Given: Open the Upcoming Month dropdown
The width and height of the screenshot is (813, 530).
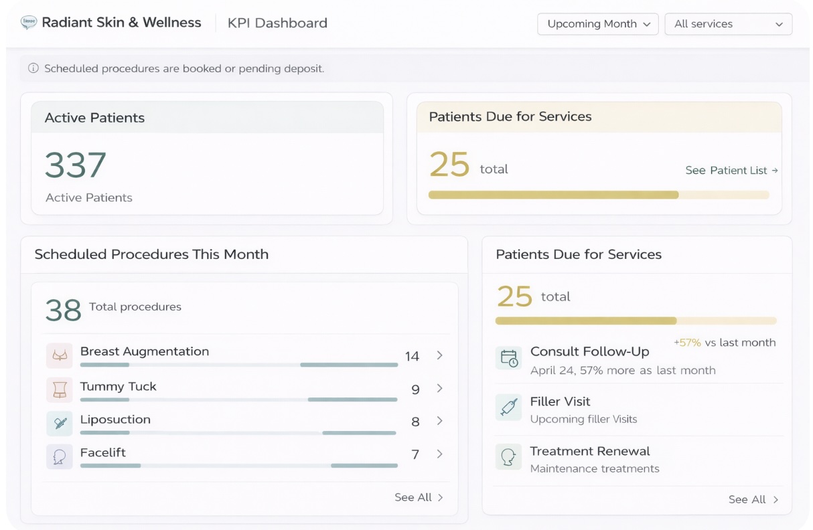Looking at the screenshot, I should [x=597, y=24].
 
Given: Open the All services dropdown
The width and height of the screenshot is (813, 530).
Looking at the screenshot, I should [x=728, y=24].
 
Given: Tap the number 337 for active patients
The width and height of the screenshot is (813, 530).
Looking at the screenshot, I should [x=76, y=165].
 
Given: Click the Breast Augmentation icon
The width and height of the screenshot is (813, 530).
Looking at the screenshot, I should [x=59, y=356].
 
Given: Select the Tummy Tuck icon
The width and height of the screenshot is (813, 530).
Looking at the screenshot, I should [x=59, y=389].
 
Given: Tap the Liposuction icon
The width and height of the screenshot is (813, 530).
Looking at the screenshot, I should [x=59, y=422].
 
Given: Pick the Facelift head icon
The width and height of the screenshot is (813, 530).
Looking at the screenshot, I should [x=59, y=456].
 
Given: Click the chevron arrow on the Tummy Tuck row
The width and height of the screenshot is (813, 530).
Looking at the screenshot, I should [x=439, y=388].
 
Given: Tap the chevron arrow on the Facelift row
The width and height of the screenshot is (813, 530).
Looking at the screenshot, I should [x=439, y=454].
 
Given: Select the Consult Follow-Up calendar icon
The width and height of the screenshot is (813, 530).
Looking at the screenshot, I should [x=509, y=357].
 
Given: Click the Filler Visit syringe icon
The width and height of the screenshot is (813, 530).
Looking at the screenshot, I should [x=509, y=407].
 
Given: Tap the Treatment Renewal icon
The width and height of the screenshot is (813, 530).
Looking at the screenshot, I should [x=509, y=456].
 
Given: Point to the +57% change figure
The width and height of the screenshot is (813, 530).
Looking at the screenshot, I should [x=687, y=343].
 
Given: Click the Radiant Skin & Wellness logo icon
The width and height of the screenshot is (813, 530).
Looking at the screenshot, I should [x=29, y=23].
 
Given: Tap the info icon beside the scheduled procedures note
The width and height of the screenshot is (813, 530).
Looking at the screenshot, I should [x=33, y=68].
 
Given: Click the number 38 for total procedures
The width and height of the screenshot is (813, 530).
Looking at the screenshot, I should [x=63, y=310].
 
